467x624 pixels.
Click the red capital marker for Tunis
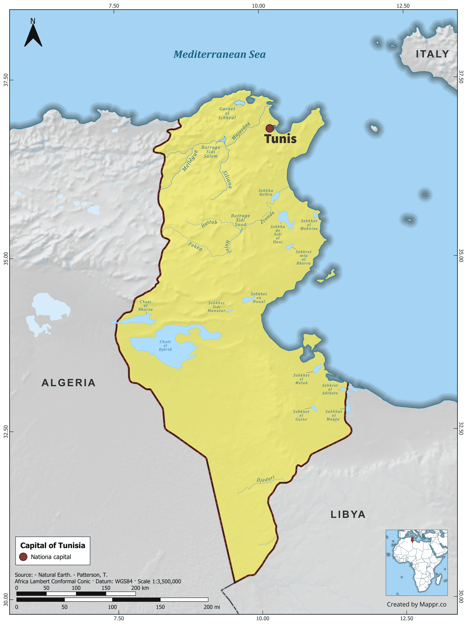270,128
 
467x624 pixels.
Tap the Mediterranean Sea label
219,54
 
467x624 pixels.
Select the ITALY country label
432,54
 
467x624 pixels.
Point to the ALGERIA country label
69,383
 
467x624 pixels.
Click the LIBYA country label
348,514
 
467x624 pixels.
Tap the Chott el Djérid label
165,345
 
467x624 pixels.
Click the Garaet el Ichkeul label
227,113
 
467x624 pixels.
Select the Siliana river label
227,179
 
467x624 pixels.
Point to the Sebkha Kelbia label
266,192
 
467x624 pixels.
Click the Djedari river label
265,479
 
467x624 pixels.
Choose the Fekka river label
195,246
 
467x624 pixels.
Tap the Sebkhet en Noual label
259,298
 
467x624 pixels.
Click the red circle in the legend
23,557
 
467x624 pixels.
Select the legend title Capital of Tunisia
53,545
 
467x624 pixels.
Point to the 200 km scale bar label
140,588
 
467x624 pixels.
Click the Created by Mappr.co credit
416,604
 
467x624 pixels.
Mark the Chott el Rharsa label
145,306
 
